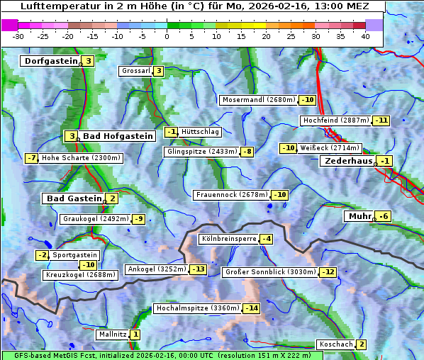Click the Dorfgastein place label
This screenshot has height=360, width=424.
click(x=50, y=61)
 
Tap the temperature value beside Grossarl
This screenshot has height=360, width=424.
click(x=159, y=71)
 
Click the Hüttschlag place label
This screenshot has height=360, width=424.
click(x=201, y=132)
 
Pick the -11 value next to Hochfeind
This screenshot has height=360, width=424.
click(x=381, y=120)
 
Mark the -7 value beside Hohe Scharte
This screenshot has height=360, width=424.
click(x=31, y=158)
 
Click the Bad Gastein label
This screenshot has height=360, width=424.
click(x=74, y=198)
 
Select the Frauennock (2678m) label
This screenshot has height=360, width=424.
click(x=232, y=195)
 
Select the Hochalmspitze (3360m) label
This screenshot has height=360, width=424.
click(x=197, y=308)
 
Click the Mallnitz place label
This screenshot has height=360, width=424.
click(x=112, y=334)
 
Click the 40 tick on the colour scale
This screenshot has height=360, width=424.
click(x=365, y=36)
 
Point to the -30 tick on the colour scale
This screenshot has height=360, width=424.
click(x=18, y=36)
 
